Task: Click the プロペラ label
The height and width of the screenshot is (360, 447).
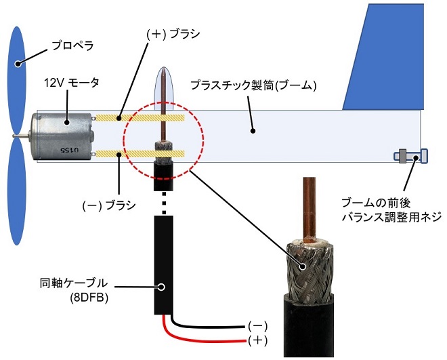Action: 73,45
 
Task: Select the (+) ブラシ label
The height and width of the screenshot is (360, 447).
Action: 173,34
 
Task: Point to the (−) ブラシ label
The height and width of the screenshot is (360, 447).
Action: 109,205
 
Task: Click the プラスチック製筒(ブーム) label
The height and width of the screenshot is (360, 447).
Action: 253,85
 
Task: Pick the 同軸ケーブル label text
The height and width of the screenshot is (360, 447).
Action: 74,283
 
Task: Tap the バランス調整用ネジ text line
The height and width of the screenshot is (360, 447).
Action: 392,217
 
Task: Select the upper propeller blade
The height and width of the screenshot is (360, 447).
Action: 17,80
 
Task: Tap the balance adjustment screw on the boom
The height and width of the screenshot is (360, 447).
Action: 410,157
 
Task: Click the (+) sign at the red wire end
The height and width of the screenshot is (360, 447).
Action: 258,340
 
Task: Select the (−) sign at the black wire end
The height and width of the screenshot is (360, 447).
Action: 258,326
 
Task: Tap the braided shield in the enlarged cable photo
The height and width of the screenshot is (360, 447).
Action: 310,270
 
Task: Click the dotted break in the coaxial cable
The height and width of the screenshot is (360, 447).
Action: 164,203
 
